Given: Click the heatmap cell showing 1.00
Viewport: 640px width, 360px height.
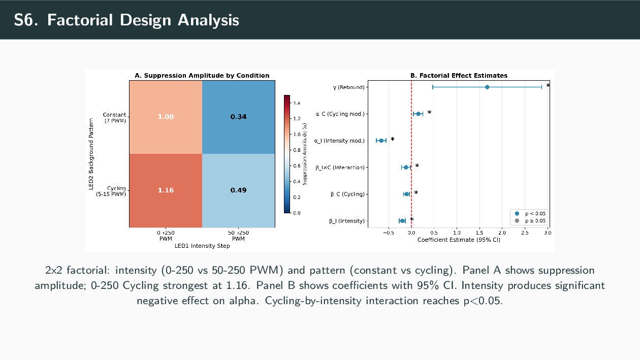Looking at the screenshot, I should pos(166,117).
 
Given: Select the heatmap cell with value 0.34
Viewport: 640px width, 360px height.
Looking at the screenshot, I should pos(238,117).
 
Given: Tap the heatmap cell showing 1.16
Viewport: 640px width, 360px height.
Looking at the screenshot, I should pos(166,190).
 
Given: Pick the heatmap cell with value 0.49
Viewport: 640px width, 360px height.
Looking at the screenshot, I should pos(238,190).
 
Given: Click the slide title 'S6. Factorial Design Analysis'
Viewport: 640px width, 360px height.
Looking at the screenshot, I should pos(126,20).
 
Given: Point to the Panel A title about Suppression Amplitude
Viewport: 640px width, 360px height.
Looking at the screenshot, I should pos(202,76).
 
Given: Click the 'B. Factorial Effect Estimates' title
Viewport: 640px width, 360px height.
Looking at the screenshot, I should pos(459,76).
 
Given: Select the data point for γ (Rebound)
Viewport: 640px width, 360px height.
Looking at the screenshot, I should pos(487,87).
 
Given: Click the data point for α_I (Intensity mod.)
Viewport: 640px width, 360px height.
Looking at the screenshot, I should pos(381,141).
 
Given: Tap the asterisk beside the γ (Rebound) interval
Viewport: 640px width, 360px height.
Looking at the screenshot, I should pos(548,86).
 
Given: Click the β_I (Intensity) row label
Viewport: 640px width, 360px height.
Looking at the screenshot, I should pos(347,221).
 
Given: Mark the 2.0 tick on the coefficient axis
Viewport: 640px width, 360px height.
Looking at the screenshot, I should pos(502,233).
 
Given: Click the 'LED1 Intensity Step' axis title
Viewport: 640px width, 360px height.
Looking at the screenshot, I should pos(202,246).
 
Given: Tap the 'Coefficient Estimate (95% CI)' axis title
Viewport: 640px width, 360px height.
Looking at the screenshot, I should pos(459,240).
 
